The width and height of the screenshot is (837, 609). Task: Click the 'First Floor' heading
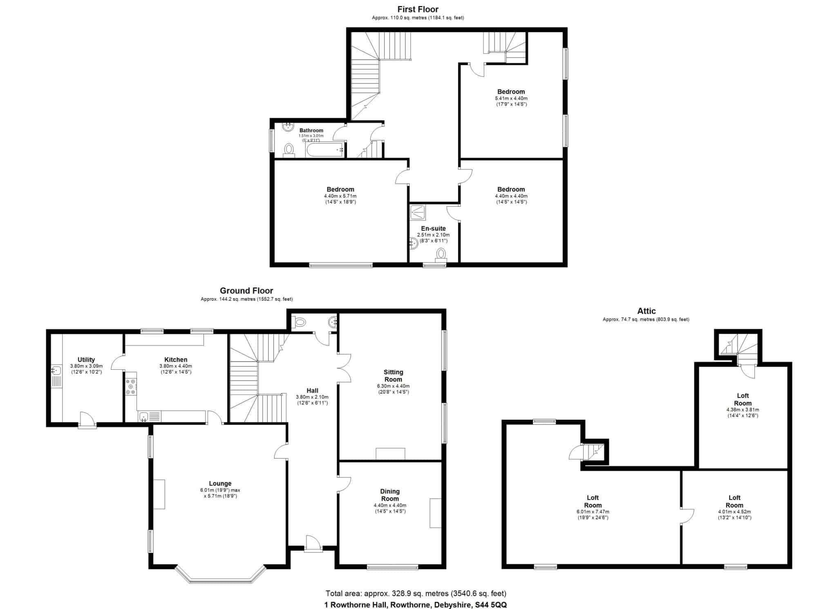tap(418, 9)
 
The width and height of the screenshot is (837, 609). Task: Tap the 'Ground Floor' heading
tap(246, 290)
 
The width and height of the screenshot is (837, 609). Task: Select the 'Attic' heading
tap(646, 311)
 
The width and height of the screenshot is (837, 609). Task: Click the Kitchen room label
tap(176, 360)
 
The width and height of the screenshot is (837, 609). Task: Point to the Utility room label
tap(86, 360)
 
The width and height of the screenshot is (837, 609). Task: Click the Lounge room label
tap(220, 483)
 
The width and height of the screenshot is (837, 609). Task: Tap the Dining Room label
tap(390, 495)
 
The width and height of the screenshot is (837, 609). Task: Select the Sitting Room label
tap(393, 375)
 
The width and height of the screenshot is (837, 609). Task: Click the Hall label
tap(312, 391)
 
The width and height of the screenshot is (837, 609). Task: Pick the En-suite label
tap(433, 228)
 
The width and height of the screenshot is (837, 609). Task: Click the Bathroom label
tap(311, 130)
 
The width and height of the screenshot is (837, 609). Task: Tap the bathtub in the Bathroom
tap(325, 150)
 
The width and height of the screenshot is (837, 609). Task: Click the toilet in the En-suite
tap(441, 254)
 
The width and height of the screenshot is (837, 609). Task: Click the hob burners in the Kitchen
tap(131, 387)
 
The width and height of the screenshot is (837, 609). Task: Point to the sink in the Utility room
tap(56, 371)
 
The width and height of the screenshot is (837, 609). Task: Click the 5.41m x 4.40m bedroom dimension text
tap(511, 99)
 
